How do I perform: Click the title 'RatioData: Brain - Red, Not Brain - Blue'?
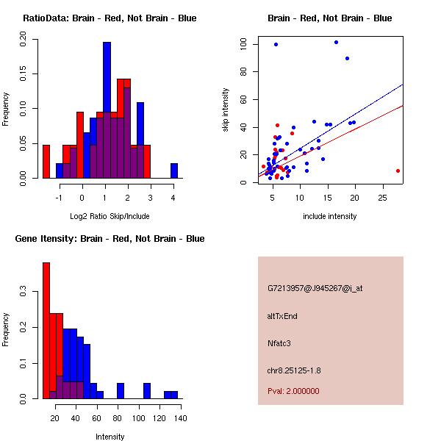point(110,18)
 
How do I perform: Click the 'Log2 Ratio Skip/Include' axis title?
point(110,216)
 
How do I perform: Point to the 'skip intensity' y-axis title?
point(226,110)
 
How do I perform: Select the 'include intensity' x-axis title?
point(329,216)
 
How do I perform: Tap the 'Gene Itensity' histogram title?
point(110,239)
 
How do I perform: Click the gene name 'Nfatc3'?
point(281,343)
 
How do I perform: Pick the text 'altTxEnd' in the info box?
point(282,316)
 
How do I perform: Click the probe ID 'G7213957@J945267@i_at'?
point(315,288)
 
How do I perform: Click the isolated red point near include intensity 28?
point(398,171)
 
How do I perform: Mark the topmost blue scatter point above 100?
point(336,42)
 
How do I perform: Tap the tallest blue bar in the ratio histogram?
point(107,110)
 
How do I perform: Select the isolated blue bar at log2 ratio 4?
point(174,171)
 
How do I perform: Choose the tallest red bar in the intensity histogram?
point(46,331)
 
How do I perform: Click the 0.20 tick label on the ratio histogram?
point(23,43)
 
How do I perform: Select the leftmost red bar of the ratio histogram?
point(46,162)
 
